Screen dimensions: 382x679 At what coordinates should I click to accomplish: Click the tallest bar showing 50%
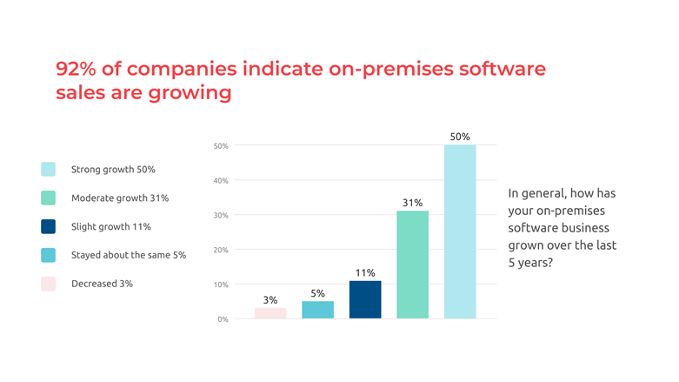pos(460,231)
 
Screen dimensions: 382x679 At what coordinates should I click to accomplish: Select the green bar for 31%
pos(412,265)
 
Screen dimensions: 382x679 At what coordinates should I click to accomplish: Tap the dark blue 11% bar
pos(365,299)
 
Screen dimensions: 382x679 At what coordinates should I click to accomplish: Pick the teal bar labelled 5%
pos(317,310)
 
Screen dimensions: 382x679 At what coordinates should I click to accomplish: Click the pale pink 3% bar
pos(270,313)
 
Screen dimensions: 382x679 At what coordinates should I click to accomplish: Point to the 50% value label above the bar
pos(460,137)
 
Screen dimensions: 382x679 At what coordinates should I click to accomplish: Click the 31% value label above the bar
pos(412,203)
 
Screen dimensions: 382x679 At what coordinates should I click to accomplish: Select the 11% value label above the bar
pos(365,273)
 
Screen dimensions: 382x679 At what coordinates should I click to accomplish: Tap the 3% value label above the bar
pos(270,300)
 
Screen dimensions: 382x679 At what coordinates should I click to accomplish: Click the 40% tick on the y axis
pos(221,181)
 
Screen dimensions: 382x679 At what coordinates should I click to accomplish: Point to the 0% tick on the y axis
pos(223,319)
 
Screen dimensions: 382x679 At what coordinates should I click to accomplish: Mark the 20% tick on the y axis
pos(221,250)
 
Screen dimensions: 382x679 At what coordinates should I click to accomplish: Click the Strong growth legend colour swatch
pos(48,169)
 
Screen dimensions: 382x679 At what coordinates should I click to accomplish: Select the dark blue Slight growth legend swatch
pos(48,226)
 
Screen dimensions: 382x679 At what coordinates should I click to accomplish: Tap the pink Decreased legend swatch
pos(48,284)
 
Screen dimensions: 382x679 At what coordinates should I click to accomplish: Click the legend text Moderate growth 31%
pos(120,198)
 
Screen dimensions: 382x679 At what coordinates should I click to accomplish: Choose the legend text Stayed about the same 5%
pos(129,255)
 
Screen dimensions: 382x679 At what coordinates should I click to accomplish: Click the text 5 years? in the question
pos(530,262)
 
